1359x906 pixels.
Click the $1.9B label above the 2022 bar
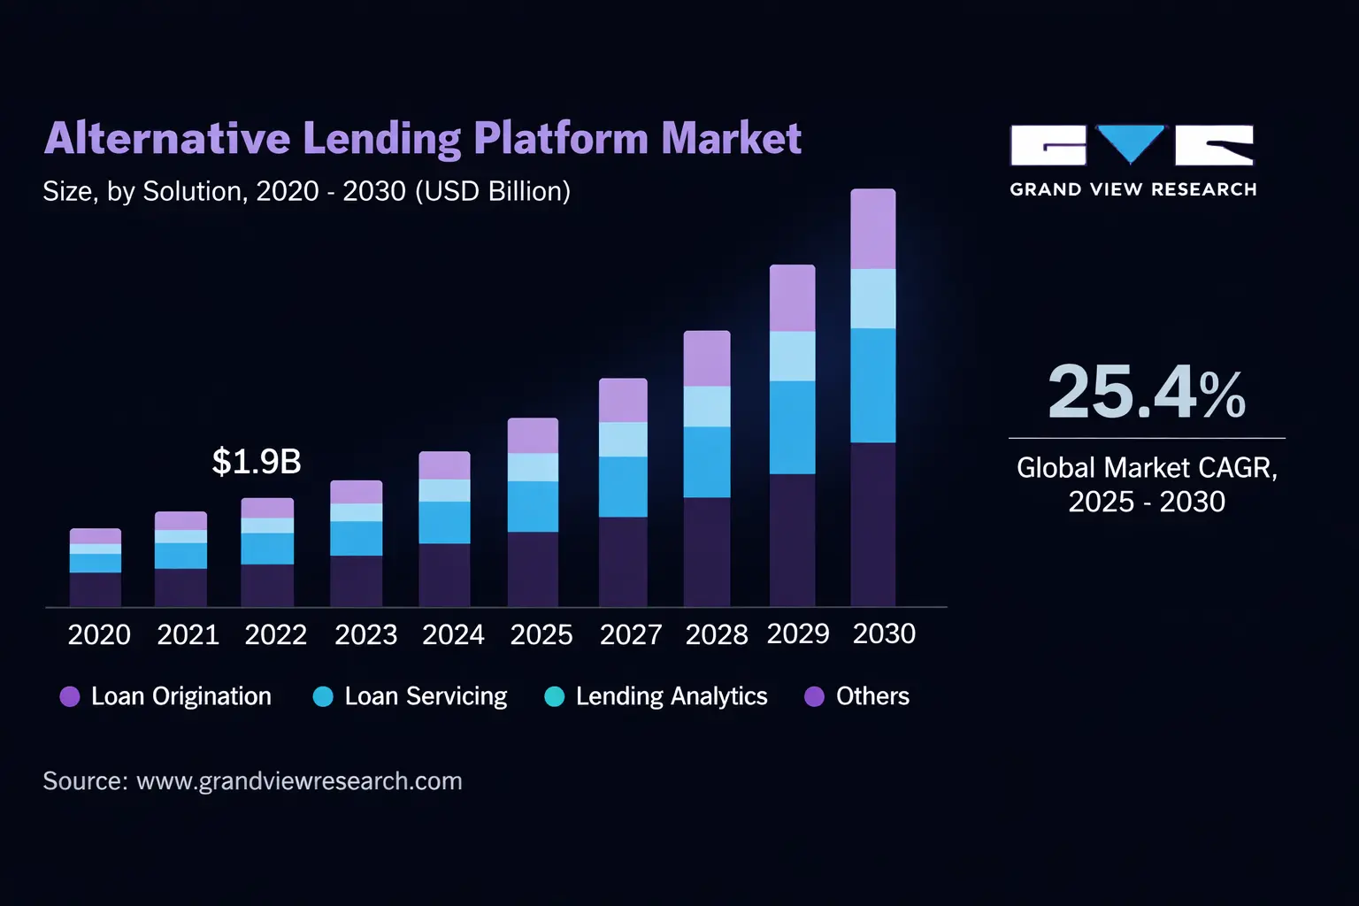tap(257, 462)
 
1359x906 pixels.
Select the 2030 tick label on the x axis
tap(884, 633)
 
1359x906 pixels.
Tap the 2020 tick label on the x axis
tap(99, 634)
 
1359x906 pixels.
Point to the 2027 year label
tap(630, 634)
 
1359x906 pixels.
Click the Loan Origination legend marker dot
tap(70, 696)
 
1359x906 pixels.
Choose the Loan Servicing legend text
tap(426, 696)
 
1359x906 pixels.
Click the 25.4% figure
tap(1147, 392)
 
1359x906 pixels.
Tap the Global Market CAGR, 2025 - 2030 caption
tap(1147, 484)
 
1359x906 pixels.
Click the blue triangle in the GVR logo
tap(1131, 142)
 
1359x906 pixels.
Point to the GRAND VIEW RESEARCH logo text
tap(1133, 189)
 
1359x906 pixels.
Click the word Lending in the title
tap(381, 139)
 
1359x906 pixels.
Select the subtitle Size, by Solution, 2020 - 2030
tap(306, 191)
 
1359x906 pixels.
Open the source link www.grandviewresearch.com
tap(299, 781)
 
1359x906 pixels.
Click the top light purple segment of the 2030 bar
tap(873, 229)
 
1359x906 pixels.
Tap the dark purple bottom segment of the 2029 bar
tap(792, 540)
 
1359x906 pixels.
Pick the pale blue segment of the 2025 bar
tap(533, 467)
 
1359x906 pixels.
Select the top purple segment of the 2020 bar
tap(96, 536)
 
